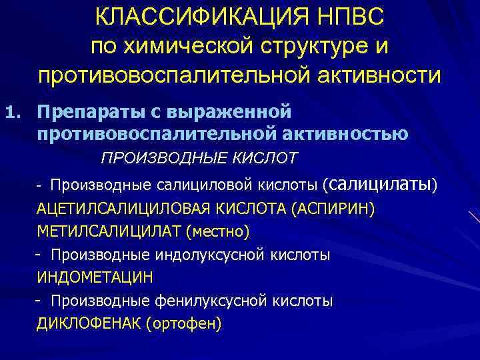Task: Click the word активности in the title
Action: (377, 75)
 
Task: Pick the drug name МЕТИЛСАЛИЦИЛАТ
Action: (109, 231)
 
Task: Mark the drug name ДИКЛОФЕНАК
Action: (89, 324)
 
